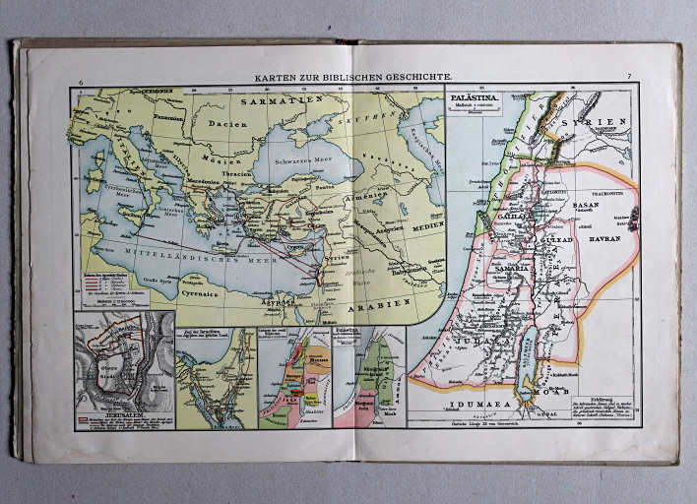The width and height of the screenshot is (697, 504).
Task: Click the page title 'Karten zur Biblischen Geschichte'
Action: pos(353,77)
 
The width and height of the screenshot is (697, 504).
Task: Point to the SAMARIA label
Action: pos(519,268)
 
